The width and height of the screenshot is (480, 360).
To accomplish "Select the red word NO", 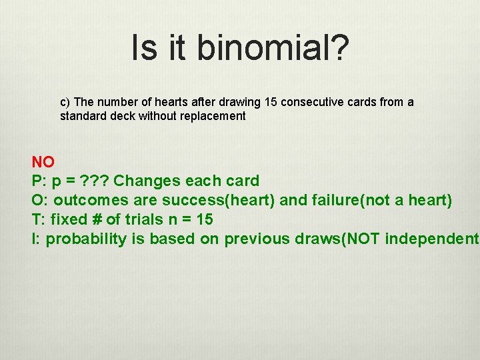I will point(43,161).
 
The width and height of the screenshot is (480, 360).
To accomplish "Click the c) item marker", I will point(65,102).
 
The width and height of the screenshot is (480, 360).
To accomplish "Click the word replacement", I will point(213,116).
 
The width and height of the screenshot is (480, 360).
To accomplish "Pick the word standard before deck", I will point(81,116).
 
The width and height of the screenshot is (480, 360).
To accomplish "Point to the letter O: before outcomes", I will point(40,200).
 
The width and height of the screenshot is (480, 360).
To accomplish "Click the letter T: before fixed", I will point(39,219).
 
